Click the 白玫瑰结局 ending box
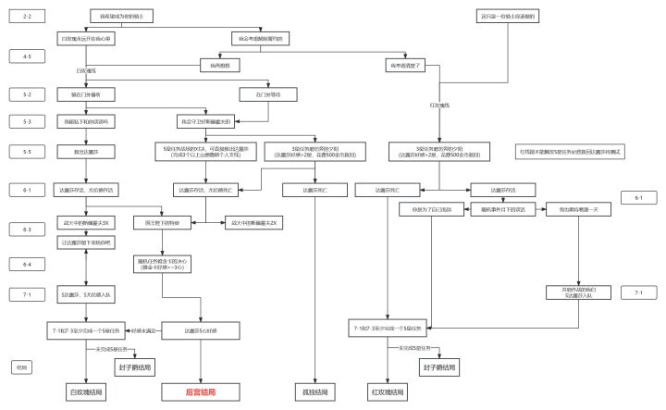87,392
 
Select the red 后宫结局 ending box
200,392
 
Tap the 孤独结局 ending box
316,392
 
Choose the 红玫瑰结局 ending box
387,392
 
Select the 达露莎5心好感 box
201,329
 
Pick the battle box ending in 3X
86,223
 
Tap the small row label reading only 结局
22,367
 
